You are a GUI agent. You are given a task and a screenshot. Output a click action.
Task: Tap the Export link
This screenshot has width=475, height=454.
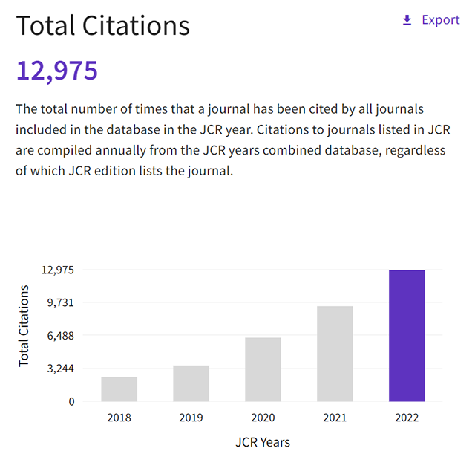click(x=441, y=20)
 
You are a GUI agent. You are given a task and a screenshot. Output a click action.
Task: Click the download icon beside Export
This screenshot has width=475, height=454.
click(x=407, y=20)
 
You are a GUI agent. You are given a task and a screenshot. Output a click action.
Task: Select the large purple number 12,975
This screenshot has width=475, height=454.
click(x=57, y=71)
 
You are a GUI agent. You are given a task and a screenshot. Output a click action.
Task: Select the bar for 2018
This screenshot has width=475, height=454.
click(x=119, y=389)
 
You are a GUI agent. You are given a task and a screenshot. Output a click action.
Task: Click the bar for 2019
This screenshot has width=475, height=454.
click(x=191, y=383)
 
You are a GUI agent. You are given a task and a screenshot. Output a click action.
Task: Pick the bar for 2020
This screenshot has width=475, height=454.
click(x=263, y=369)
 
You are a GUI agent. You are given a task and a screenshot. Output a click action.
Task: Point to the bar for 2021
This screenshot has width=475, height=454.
click(x=335, y=354)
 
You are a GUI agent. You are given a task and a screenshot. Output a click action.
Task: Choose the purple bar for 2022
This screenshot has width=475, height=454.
click(x=407, y=336)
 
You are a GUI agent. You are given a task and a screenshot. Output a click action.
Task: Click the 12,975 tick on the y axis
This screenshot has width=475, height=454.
click(x=58, y=270)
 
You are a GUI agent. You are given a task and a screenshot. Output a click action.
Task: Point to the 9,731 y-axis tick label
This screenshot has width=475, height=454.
click(x=61, y=302)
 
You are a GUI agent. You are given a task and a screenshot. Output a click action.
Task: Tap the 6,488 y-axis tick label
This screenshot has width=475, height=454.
click(x=61, y=336)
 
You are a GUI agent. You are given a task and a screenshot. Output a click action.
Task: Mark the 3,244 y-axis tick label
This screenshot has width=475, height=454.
click(x=61, y=369)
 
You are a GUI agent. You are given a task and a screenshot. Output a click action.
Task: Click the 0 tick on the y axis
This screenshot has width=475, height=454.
click(x=71, y=402)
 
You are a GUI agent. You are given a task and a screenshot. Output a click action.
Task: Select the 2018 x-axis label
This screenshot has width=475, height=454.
click(x=119, y=418)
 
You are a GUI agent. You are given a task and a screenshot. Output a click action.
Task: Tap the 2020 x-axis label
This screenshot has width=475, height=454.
click(x=263, y=418)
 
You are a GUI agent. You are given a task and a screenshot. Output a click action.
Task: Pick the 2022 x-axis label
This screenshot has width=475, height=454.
click(x=407, y=418)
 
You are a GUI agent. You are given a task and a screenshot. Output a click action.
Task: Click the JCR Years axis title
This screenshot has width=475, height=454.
click(x=263, y=441)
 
